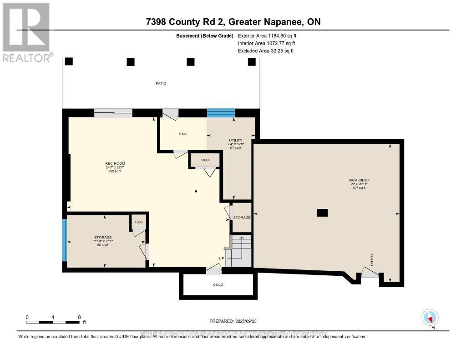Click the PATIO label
[x=160, y=83]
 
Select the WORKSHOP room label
[x=359, y=180]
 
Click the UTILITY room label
[x=235, y=140]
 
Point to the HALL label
[x=183, y=134]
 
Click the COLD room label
[x=218, y=284]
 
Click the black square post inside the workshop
[x=322, y=212]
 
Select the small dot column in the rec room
[x=196, y=191]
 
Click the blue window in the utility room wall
[x=221, y=113]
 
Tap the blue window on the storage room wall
[x=65, y=240]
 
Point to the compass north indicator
[x=430, y=318]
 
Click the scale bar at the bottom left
[x=53, y=322]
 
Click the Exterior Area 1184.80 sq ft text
[x=268, y=35]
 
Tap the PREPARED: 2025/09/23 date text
[x=233, y=321]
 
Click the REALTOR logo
[x=26, y=32]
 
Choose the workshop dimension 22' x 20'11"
[x=359, y=184]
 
